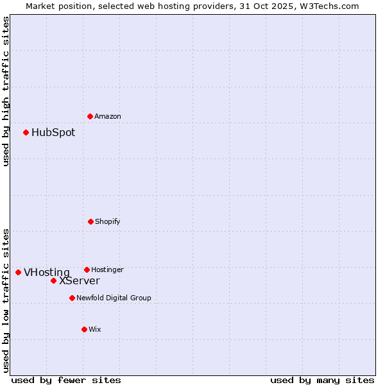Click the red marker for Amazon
click(90, 116)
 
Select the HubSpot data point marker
click(26, 132)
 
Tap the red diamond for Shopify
click(90, 221)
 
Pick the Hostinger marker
click(87, 269)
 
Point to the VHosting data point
click(18, 272)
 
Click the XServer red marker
click(53, 280)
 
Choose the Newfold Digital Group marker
click(72, 298)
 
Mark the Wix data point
click(84, 329)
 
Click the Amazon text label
click(108, 116)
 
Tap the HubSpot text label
click(53, 133)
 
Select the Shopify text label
click(108, 221)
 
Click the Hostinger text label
click(107, 269)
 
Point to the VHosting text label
click(47, 273)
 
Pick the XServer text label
click(80, 281)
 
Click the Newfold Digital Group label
click(114, 298)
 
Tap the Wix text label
click(95, 329)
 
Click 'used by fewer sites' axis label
click(66, 380)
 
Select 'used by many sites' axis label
click(322, 380)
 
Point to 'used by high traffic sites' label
click(6, 91)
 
